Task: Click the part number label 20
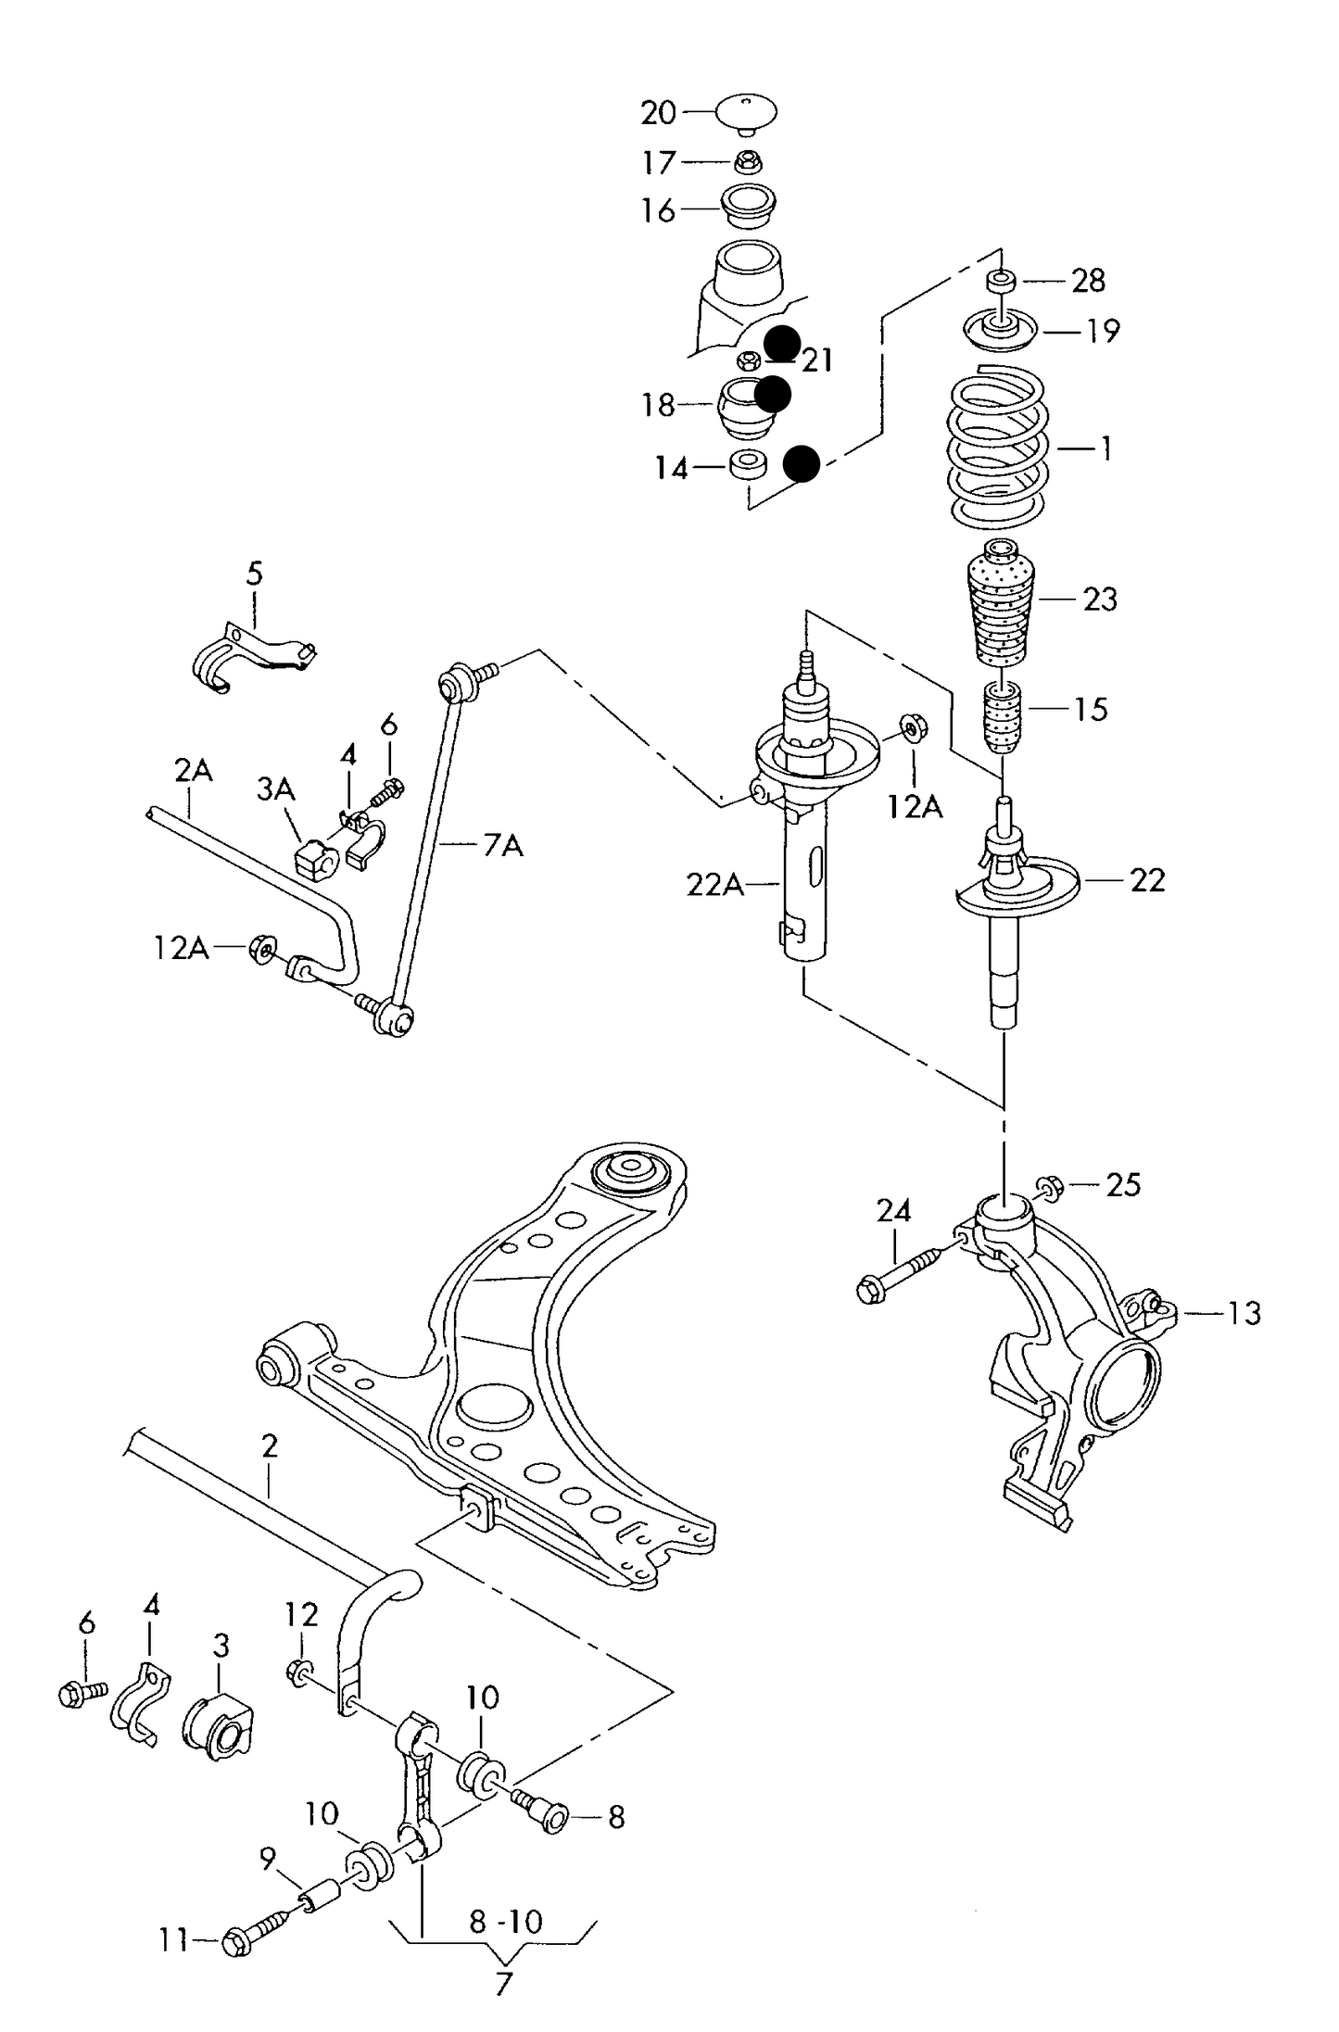pyautogui.click(x=659, y=113)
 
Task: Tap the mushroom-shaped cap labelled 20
pyautogui.click(x=745, y=112)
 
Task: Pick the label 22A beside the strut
pyautogui.click(x=714, y=885)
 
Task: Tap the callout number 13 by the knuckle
pyautogui.click(x=1244, y=1313)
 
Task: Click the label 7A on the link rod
pyautogui.click(x=502, y=845)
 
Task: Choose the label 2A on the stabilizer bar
pyautogui.click(x=193, y=771)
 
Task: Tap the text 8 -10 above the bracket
pyautogui.click(x=505, y=1922)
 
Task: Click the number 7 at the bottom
pyautogui.click(x=503, y=1985)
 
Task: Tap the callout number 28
pyautogui.click(x=1088, y=280)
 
